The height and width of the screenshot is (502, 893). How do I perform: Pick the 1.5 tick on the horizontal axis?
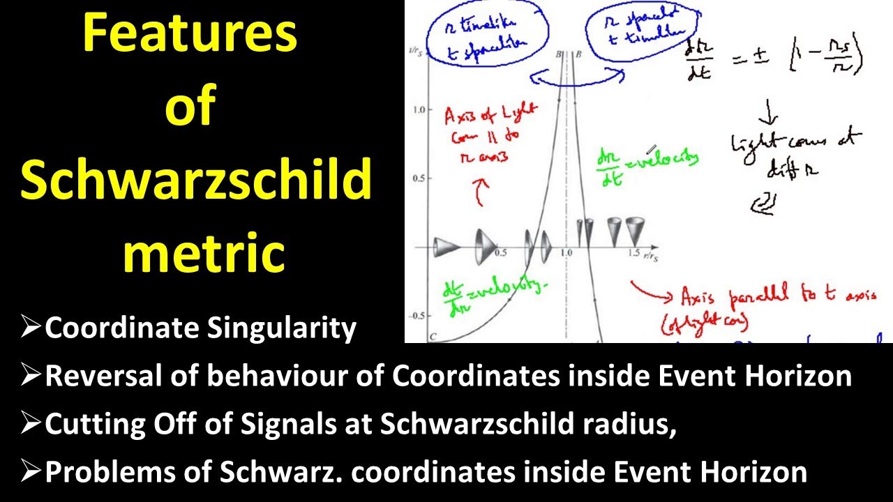click(632, 253)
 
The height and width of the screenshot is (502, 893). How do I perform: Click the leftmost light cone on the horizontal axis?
click(446, 246)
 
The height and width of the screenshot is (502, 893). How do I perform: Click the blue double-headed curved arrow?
click(576, 78)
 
